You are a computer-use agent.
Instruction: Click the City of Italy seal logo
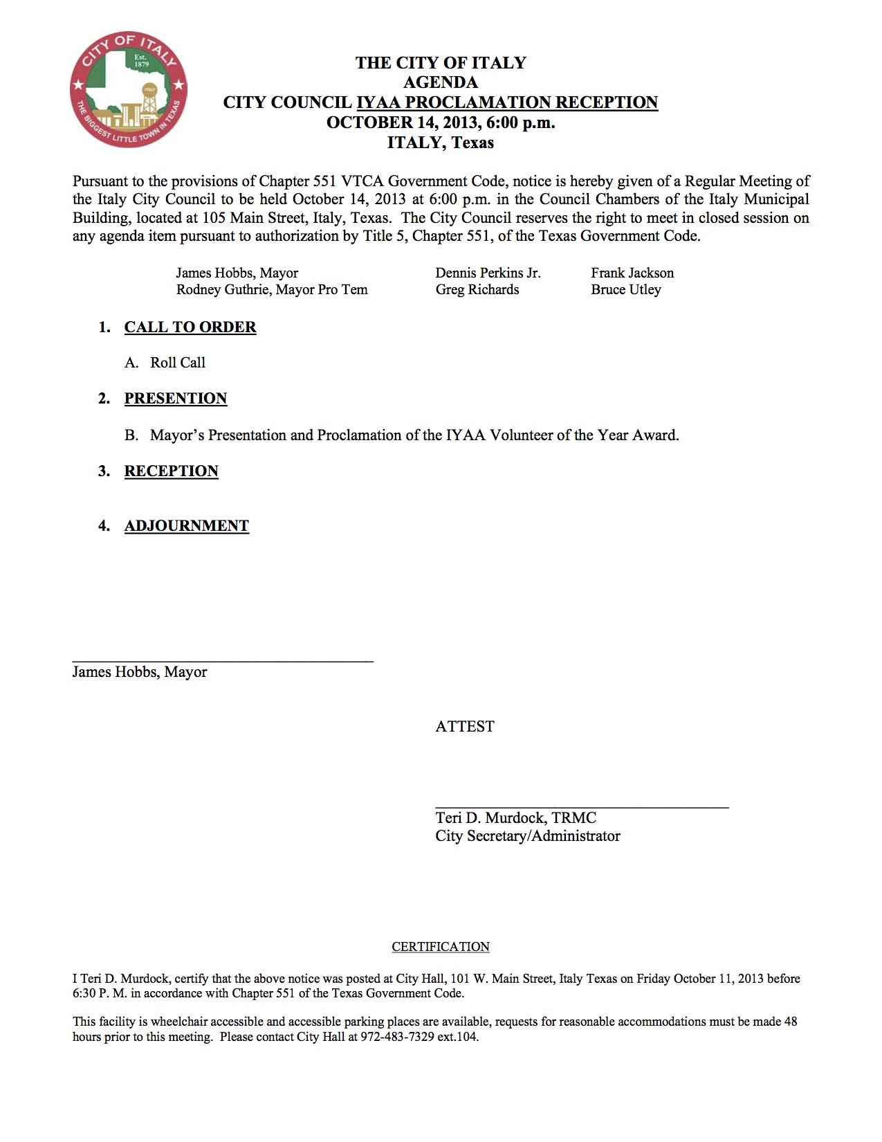coord(129,89)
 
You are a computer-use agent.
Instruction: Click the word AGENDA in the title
coord(440,82)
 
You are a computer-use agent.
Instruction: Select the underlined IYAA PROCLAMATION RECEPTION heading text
coord(506,102)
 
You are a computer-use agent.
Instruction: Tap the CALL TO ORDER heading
coord(190,327)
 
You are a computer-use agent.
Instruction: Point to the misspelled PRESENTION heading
coord(176,399)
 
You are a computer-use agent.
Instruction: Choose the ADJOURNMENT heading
coord(187,526)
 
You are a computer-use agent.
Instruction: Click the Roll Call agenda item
coord(178,363)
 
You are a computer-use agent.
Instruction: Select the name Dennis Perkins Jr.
coord(488,273)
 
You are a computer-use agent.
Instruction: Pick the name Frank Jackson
coord(632,273)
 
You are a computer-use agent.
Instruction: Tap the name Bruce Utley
coord(625,289)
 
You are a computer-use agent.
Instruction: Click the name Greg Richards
coord(477,289)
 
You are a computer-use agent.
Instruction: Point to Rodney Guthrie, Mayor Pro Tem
coord(272,289)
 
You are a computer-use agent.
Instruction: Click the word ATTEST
coord(465,727)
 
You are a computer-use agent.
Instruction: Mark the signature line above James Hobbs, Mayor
coord(223,662)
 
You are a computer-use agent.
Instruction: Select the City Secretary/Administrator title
coord(527,836)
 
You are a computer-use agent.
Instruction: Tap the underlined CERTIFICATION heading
coord(441,947)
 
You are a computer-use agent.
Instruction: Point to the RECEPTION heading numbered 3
coord(172,471)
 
